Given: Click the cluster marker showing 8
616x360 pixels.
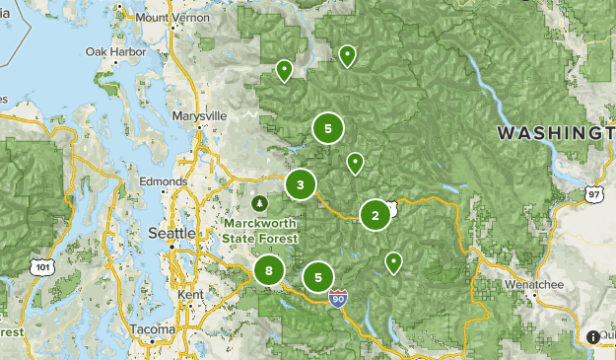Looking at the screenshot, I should [x=268, y=270].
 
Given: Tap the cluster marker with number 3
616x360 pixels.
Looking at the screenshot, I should [x=301, y=184].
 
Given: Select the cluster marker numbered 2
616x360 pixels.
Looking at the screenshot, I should [x=376, y=215].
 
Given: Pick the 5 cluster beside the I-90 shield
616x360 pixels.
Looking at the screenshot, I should [x=318, y=277].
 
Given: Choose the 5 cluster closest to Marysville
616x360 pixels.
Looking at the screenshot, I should [x=328, y=128].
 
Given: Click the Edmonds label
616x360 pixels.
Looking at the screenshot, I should [x=163, y=182].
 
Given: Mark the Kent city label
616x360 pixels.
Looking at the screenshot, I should [x=190, y=295].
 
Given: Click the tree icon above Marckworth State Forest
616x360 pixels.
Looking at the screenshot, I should [x=259, y=203].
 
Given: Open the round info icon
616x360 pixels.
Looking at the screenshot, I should [x=592, y=337].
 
